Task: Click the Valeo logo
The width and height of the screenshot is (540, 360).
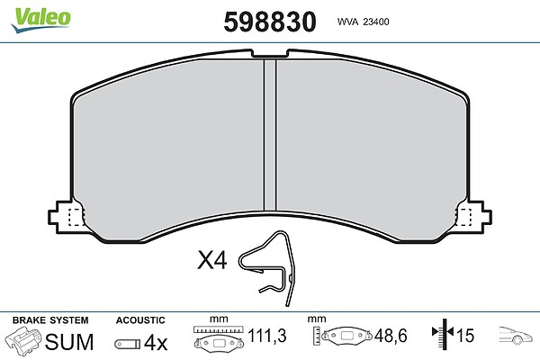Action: [x=40, y=20]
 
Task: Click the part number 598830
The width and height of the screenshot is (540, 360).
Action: [x=270, y=22]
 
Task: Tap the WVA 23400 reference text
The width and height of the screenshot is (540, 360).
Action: [x=363, y=22]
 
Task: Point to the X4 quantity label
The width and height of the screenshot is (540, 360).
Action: [x=212, y=260]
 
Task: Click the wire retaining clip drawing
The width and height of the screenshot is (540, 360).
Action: [x=267, y=267]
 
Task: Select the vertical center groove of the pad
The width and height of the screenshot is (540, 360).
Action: [x=270, y=134]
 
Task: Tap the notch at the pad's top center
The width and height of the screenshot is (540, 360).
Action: [x=270, y=53]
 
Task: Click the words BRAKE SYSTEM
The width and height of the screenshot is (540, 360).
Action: [x=50, y=320]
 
